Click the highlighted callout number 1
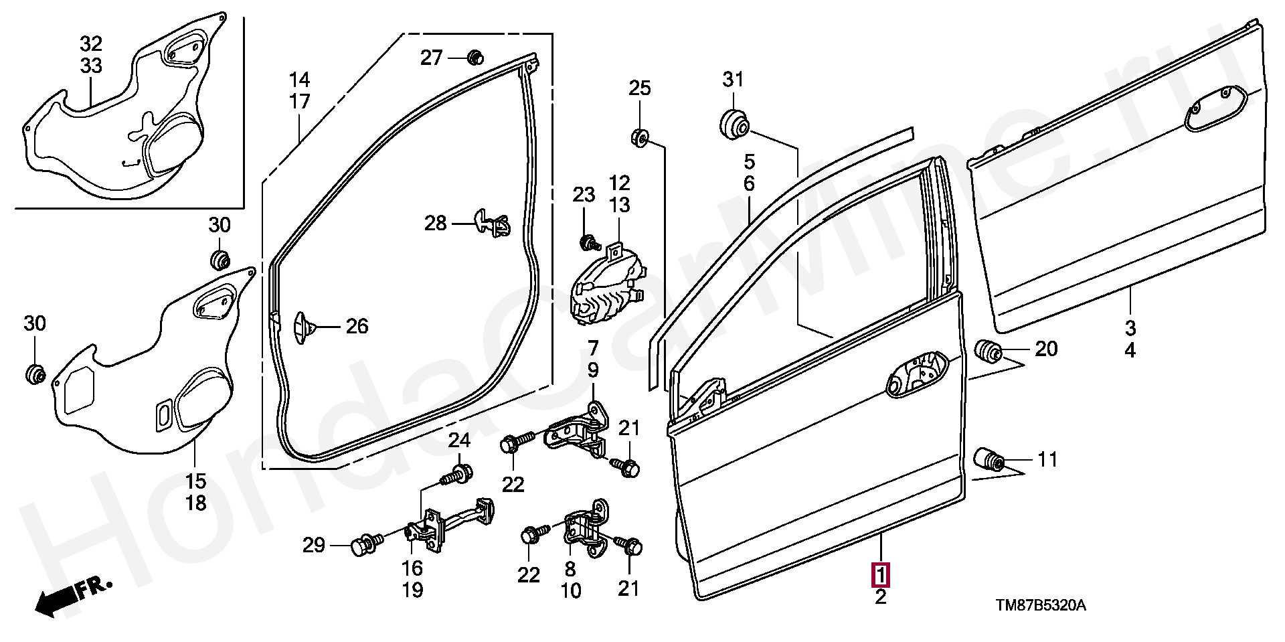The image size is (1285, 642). pos(879,574)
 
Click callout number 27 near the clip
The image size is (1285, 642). pos(431,58)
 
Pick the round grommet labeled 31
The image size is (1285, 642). pos(734,124)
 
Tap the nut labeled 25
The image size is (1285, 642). pos(638,139)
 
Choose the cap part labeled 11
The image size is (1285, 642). pos(988,460)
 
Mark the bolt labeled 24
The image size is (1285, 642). pos(456,475)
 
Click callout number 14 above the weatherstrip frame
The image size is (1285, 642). pos(299,80)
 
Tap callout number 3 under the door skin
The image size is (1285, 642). pos(1130,328)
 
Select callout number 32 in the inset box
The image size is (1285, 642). pos(91,44)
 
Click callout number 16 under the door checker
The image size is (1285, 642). pos(412,568)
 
